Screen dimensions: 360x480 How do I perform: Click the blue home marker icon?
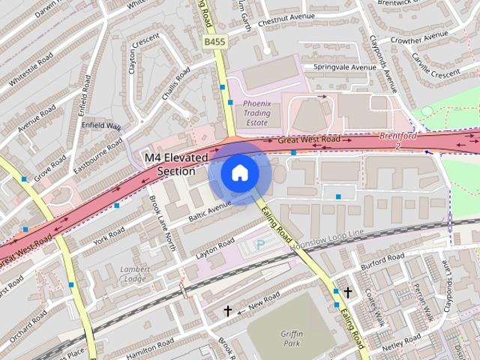click(239, 173)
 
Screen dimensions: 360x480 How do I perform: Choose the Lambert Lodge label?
click(134, 274)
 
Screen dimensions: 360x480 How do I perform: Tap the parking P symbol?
click(260, 244)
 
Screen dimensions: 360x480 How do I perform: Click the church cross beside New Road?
click(228, 310)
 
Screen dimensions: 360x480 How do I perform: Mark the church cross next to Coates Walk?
click(347, 292)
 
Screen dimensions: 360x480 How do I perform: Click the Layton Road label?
click(215, 249)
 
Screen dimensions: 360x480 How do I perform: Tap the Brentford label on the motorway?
click(397, 136)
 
